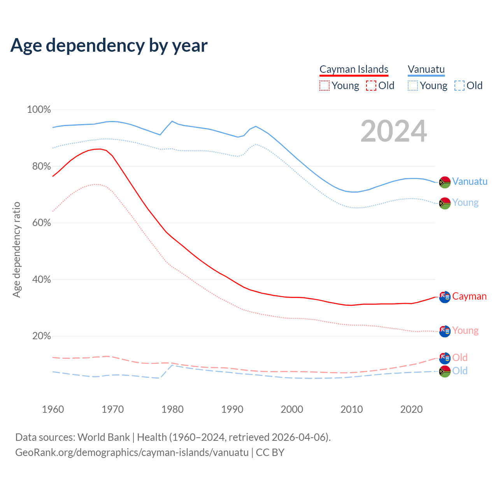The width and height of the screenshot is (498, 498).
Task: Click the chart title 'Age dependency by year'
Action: click(109, 45)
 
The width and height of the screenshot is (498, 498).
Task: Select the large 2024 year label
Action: click(394, 131)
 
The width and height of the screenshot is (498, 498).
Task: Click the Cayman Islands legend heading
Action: click(354, 69)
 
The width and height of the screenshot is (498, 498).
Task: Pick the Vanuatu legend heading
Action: click(426, 69)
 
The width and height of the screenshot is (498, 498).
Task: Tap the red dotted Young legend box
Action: click(324, 86)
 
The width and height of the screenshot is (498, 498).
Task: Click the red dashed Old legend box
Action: click(371, 86)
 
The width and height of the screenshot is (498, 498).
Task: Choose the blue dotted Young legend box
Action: click(413, 86)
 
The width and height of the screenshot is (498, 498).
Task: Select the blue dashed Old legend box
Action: click(459, 86)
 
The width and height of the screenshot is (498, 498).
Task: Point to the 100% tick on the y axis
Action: click(39, 110)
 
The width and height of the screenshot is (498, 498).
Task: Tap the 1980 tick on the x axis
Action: click(172, 409)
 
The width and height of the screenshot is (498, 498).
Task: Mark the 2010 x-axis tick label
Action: click(352, 409)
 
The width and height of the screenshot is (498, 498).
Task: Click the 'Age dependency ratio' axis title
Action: click(16, 249)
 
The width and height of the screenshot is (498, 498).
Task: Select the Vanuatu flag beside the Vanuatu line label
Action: click(445, 182)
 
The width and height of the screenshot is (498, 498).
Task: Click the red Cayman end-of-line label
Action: click(469, 296)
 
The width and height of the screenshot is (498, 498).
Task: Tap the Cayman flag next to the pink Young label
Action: click(445, 331)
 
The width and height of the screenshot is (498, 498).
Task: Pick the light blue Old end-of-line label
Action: click(460, 371)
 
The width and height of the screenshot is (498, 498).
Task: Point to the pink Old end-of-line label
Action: click(460, 358)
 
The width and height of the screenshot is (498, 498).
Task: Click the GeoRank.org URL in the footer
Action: click(132, 452)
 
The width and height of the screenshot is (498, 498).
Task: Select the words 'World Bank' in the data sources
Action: click(103, 437)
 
